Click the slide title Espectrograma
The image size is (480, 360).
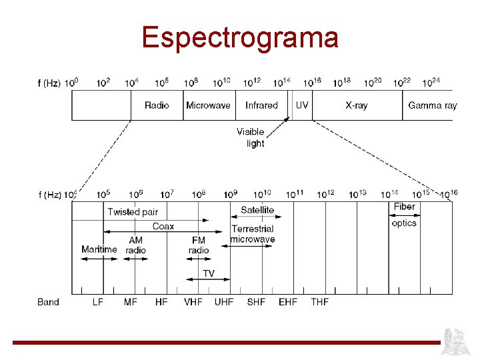tap(240, 37)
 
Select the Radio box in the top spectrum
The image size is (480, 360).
tap(157, 105)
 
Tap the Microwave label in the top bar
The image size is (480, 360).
tap(208, 105)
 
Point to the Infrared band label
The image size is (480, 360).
tap(261, 105)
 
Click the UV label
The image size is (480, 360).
tap(302, 105)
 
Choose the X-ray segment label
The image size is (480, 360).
tap(357, 105)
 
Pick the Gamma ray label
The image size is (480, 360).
tap(432, 105)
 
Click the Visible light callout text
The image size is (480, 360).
tap(251, 137)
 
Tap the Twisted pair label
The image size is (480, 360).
tap(133, 212)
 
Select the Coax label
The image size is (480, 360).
tap(163, 226)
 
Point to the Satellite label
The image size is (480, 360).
tap(257, 210)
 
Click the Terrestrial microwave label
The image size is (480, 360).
tap(253, 234)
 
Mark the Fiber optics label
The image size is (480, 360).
tap(404, 215)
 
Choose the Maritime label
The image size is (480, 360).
tap(99, 249)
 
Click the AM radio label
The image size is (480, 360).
tap(136, 245)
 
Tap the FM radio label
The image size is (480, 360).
tap(199, 245)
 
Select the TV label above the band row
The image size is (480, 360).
tap(209, 273)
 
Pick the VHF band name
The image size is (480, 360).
tap(193, 302)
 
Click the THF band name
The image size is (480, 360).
tap(320, 302)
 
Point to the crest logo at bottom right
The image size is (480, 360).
tap(459, 339)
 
